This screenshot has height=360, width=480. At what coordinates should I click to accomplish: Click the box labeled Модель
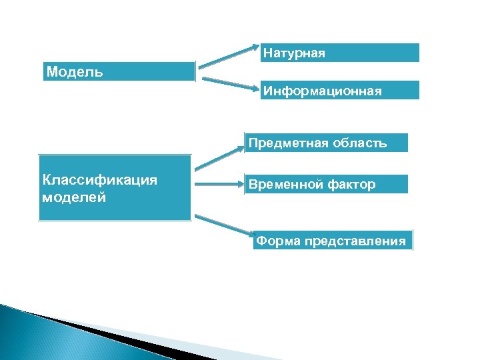tap(119, 71)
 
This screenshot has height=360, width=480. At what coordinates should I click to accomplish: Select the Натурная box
tap(340, 53)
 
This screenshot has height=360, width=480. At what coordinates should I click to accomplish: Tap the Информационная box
tap(340, 90)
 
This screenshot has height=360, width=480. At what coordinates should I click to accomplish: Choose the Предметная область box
tap(326, 143)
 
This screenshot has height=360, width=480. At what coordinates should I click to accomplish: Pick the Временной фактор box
tap(326, 184)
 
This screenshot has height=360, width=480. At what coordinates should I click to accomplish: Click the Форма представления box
tap(333, 241)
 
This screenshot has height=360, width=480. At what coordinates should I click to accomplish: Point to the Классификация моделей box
tap(115, 188)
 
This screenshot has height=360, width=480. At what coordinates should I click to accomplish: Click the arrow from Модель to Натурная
tap(229, 57)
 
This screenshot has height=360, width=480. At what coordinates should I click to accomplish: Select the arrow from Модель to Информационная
tap(229, 83)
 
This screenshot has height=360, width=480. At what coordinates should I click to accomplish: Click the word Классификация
tap(99, 179)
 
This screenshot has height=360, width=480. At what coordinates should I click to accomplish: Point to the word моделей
tap(73, 197)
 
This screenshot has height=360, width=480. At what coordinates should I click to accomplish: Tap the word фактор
tap(351, 184)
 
